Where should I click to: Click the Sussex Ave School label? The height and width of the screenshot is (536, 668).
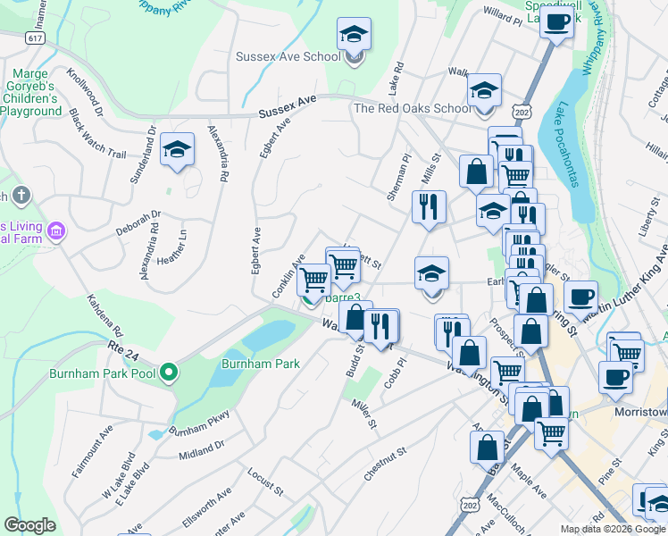click(x=288, y=56)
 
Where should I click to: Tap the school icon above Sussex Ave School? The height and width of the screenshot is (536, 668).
click(x=354, y=36)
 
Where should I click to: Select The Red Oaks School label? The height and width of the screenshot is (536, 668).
click(x=412, y=108)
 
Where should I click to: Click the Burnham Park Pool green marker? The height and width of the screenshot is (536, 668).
click(x=168, y=373)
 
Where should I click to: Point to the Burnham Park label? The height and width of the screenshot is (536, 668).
click(x=262, y=364)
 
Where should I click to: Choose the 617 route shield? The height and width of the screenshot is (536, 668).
click(x=35, y=38)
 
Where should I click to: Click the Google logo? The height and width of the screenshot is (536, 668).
click(x=30, y=525)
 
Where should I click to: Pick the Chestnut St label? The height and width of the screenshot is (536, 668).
click(x=385, y=466)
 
